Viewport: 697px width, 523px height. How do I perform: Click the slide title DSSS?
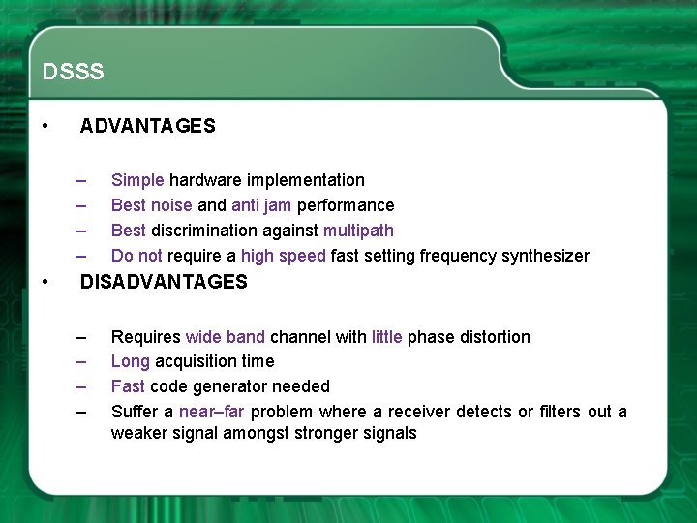point(73,73)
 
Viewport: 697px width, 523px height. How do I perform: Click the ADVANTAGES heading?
point(147,126)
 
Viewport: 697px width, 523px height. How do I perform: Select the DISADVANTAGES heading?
point(164,282)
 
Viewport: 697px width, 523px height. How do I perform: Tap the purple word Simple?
point(137,180)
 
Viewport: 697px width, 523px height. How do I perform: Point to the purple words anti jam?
point(261,205)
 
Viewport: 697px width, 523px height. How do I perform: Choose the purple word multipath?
point(358,231)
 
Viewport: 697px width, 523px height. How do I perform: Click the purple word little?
point(387,337)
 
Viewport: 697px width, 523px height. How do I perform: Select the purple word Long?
point(130,361)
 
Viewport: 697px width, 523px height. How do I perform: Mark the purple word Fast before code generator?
point(128,386)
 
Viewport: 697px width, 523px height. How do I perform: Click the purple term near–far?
point(214,412)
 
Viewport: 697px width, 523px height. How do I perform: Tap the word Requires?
point(145,337)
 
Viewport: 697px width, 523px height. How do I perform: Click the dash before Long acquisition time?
point(83,362)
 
